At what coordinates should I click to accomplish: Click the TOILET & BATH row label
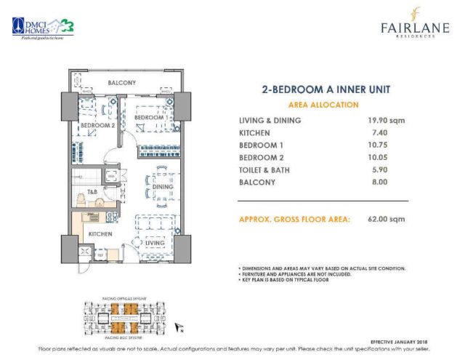270,169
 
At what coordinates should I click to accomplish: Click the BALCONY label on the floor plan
121,83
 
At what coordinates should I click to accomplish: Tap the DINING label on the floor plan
163,187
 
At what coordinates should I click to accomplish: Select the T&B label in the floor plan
93,193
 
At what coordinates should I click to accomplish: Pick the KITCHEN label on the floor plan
100,234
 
